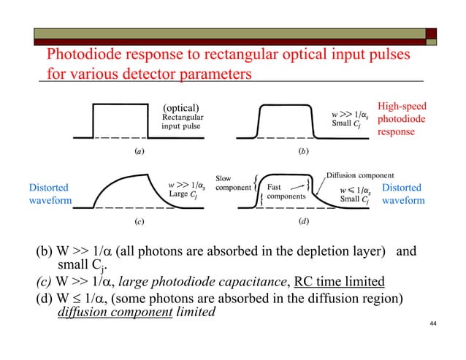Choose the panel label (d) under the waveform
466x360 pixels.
tap(303, 221)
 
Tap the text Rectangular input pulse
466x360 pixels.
tap(182, 121)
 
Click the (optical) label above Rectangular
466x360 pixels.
tap(180, 110)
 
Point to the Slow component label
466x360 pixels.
tap(233, 183)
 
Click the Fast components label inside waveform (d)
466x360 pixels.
tap(286, 192)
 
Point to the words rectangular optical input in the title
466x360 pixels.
tap(277, 55)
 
